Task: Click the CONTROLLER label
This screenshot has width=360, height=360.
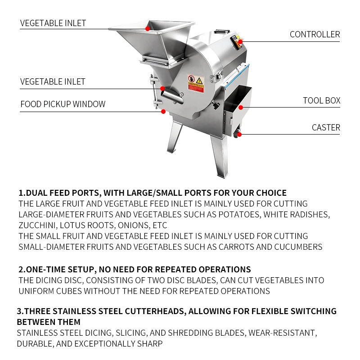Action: [315, 35]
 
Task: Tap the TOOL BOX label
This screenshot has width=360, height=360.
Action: [321, 100]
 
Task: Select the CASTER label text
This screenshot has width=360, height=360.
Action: [326, 128]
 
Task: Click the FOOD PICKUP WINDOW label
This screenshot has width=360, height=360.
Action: [63, 104]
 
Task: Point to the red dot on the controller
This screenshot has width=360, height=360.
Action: [240, 42]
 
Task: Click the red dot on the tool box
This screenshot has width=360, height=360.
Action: [241, 107]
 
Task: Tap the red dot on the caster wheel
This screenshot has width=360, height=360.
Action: [239, 135]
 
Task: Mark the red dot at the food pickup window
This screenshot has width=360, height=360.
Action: [163, 112]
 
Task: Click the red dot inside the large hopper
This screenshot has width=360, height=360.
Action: [148, 29]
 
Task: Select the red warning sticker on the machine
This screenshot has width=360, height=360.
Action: [196, 83]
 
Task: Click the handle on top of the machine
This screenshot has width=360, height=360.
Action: [222, 31]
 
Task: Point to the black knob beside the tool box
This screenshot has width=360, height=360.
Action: [216, 106]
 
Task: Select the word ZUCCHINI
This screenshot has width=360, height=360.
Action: [37, 225]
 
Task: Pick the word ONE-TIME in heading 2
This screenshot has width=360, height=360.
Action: [42, 269]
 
